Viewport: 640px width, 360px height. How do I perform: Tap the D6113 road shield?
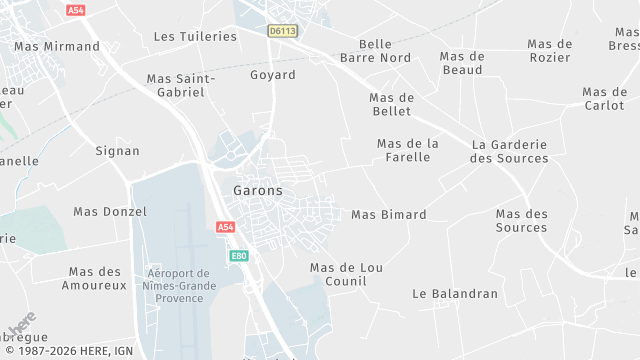click(282, 31)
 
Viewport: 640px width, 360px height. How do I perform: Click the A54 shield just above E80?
click(226, 228)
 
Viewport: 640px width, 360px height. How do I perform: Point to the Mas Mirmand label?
click(57, 46)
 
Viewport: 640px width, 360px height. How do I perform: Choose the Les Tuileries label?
click(195, 36)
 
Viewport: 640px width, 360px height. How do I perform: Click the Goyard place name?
click(272, 75)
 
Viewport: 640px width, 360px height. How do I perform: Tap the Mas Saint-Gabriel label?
click(175, 85)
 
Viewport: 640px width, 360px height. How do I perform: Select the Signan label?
click(117, 151)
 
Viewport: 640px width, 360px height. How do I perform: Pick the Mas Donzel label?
click(110, 212)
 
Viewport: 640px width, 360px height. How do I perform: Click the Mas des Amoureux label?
click(98, 278)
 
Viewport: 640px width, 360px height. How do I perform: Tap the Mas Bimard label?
click(388, 215)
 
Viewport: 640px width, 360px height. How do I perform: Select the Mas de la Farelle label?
click(407, 150)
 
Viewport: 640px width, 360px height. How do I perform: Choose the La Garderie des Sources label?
click(509, 151)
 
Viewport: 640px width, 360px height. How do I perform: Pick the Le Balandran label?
click(455, 294)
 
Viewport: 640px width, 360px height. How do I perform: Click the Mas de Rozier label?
click(549, 50)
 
